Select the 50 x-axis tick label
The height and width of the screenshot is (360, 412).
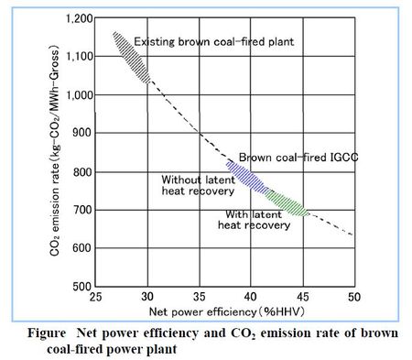click(354, 298)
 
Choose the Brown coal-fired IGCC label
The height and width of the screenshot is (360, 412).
click(285, 157)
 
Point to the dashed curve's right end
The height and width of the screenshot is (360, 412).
click(353, 235)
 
